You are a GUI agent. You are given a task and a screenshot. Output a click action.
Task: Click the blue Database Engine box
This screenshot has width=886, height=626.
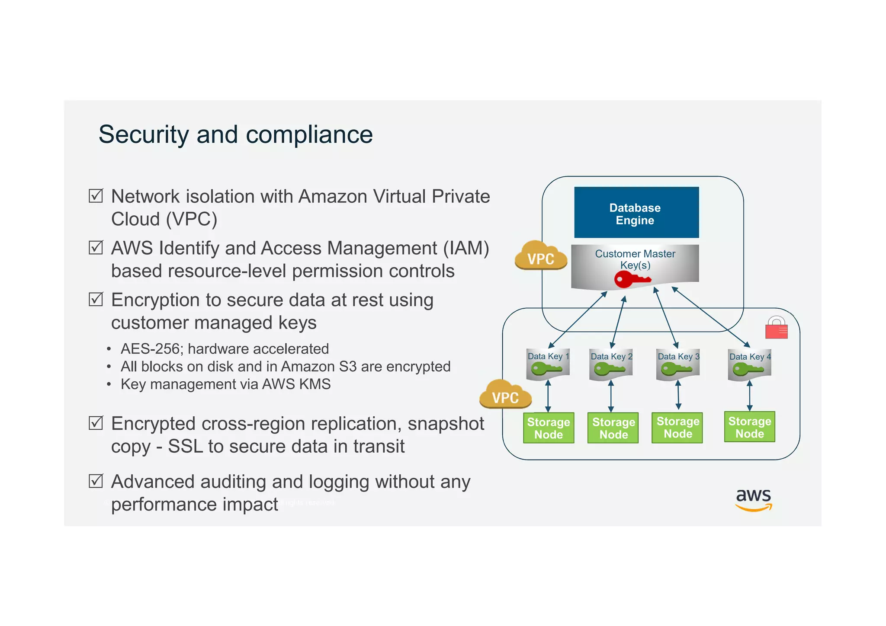click(636, 212)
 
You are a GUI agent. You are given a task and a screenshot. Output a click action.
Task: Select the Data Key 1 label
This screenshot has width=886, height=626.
click(548, 356)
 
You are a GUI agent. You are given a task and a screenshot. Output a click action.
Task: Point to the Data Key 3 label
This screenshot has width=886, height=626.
click(678, 356)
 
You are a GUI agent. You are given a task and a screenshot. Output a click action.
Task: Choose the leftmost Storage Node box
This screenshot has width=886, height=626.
click(549, 428)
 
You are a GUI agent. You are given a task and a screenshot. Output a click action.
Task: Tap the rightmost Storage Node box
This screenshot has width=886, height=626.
click(750, 427)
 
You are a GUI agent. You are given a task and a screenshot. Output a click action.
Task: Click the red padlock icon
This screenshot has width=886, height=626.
click(777, 327)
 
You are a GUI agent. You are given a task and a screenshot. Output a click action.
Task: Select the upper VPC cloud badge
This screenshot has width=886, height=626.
click(541, 256)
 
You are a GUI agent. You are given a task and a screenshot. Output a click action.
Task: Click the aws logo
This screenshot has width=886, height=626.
click(754, 500)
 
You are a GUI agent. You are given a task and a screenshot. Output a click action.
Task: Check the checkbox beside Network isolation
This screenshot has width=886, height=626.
click(96, 196)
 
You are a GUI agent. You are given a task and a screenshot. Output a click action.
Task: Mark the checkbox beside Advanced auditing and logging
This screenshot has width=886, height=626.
click(96, 481)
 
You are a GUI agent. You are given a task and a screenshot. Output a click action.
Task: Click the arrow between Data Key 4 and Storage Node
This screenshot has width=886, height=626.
click(750, 396)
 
